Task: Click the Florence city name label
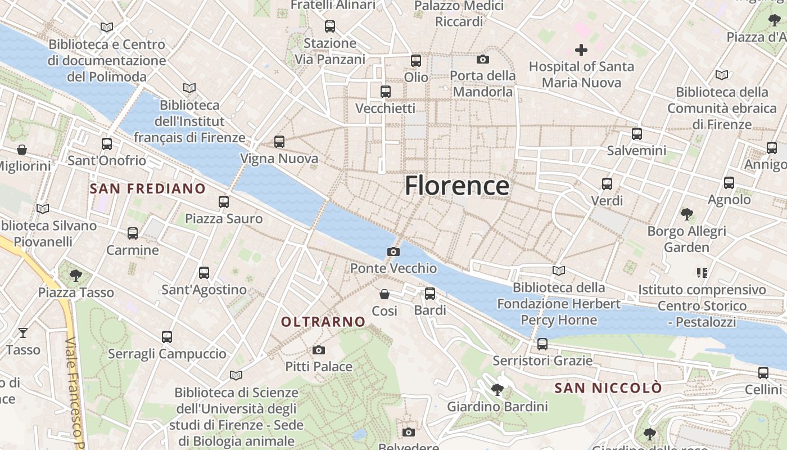pos(457,186)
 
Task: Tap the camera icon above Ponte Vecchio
pos(393,251)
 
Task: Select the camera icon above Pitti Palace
pos(319,350)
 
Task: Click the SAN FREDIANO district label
pos(148,188)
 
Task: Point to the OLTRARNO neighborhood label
pos(323,322)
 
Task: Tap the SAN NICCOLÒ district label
pos(608,388)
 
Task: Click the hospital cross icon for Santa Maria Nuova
pos(581,50)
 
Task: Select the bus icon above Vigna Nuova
pos(279,142)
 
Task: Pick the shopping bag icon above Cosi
pos(385,294)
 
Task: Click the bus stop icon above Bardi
pos(430,293)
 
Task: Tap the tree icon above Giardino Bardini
pos(497,389)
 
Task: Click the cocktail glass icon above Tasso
pos(22,333)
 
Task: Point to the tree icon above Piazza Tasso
pos(76,276)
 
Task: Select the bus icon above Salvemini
pos(636,134)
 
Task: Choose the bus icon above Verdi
pos(607,184)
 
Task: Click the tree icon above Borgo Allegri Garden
pos(686,214)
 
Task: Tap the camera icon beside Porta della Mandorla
pos(482,59)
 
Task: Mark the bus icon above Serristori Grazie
pos(542,344)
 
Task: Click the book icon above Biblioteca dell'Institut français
pos(189,88)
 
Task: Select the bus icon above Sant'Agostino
pos(204,273)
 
